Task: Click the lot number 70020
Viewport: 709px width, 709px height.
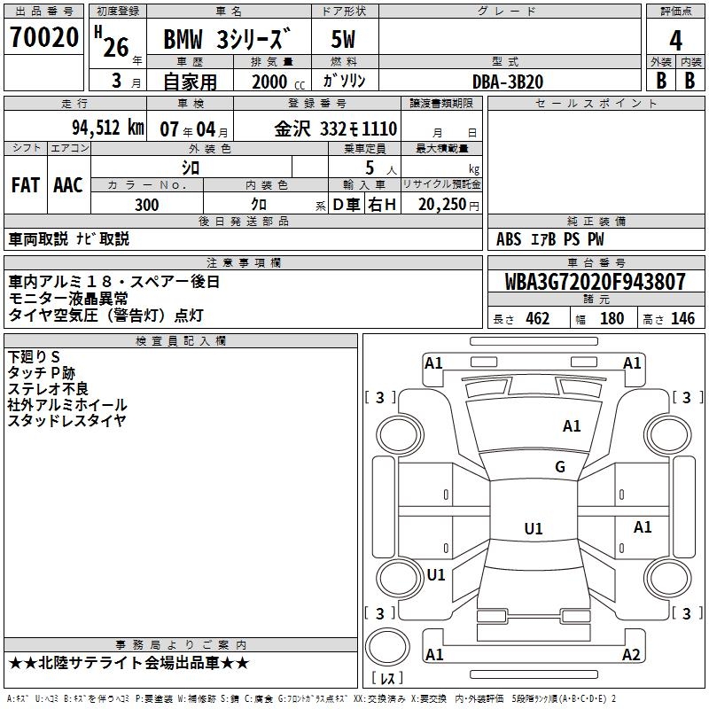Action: click(x=43, y=38)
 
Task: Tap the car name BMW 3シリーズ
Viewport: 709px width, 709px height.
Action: click(x=228, y=40)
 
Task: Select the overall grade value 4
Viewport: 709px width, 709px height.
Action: click(x=675, y=40)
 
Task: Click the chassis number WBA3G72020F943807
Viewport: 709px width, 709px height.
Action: click(x=595, y=283)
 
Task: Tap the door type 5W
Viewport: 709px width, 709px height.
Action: click(x=344, y=40)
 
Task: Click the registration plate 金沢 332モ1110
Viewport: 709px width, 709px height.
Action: click(x=335, y=128)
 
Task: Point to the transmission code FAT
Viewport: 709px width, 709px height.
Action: click(x=26, y=184)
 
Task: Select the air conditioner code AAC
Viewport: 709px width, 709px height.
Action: click(x=67, y=184)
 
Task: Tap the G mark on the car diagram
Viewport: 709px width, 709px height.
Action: click(x=560, y=467)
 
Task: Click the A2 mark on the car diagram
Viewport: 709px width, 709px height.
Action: click(x=631, y=655)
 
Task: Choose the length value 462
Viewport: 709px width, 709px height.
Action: click(x=537, y=319)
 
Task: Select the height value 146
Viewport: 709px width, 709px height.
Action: click(x=682, y=319)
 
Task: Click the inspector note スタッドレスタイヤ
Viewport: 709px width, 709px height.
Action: click(x=67, y=421)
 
